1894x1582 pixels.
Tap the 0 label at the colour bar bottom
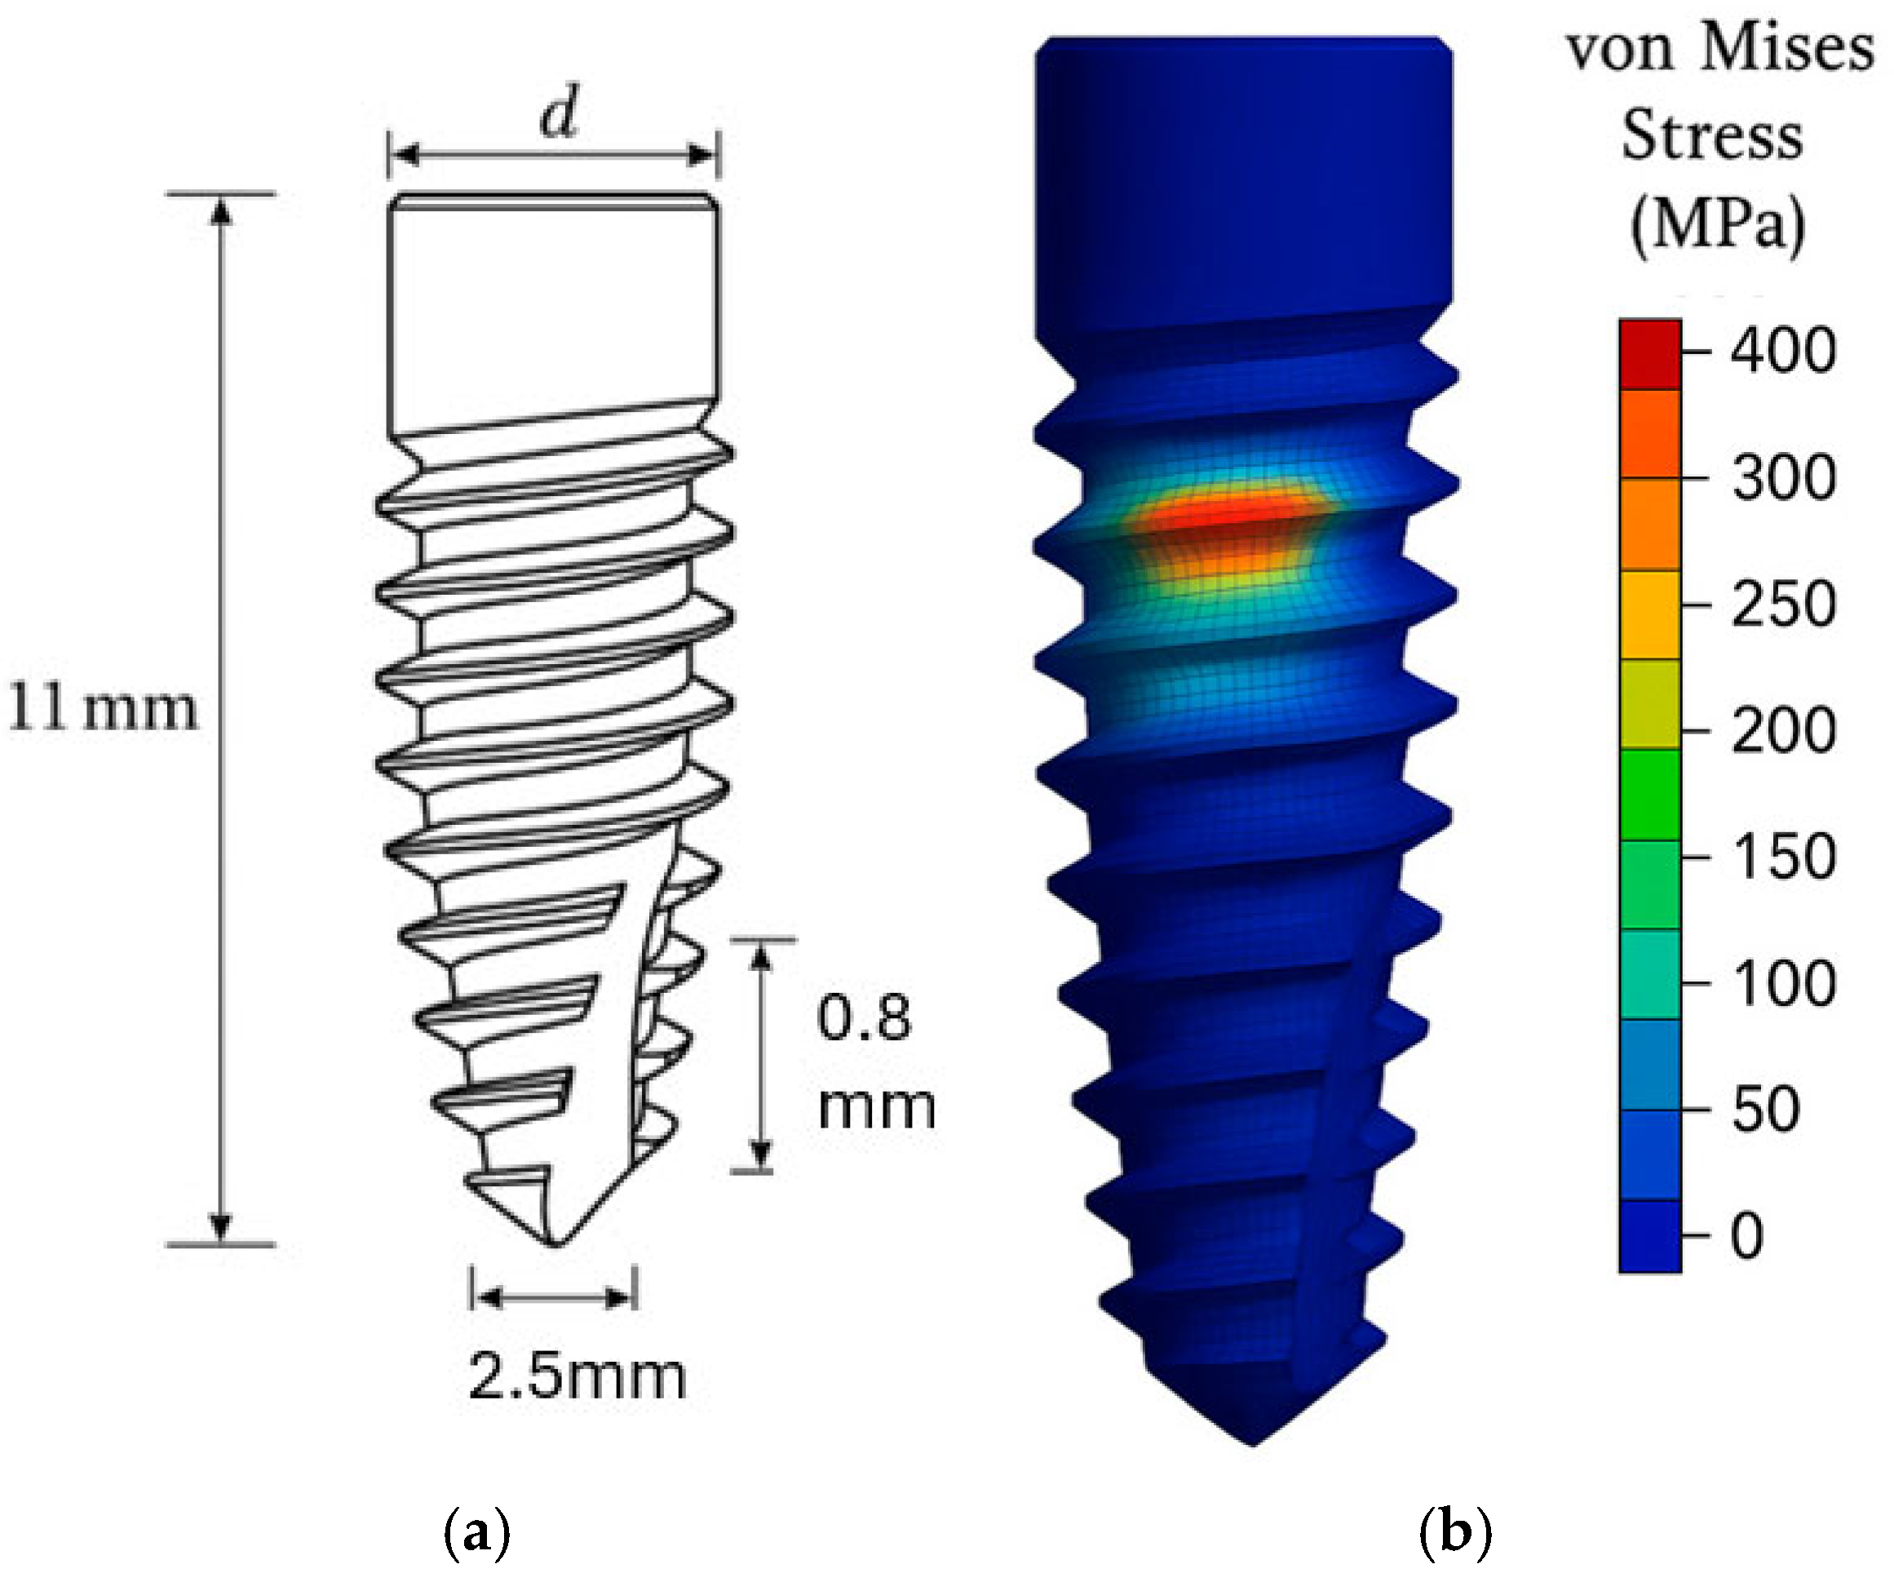pos(1746,1234)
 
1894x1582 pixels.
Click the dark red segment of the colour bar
pos(1649,353)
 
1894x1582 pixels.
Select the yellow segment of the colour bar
pos(1649,614)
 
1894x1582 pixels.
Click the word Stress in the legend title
pos(1712,136)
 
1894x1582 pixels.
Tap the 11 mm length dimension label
pos(102,708)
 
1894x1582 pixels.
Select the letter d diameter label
pos(558,113)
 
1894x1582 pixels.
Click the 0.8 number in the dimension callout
pos(863,1018)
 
